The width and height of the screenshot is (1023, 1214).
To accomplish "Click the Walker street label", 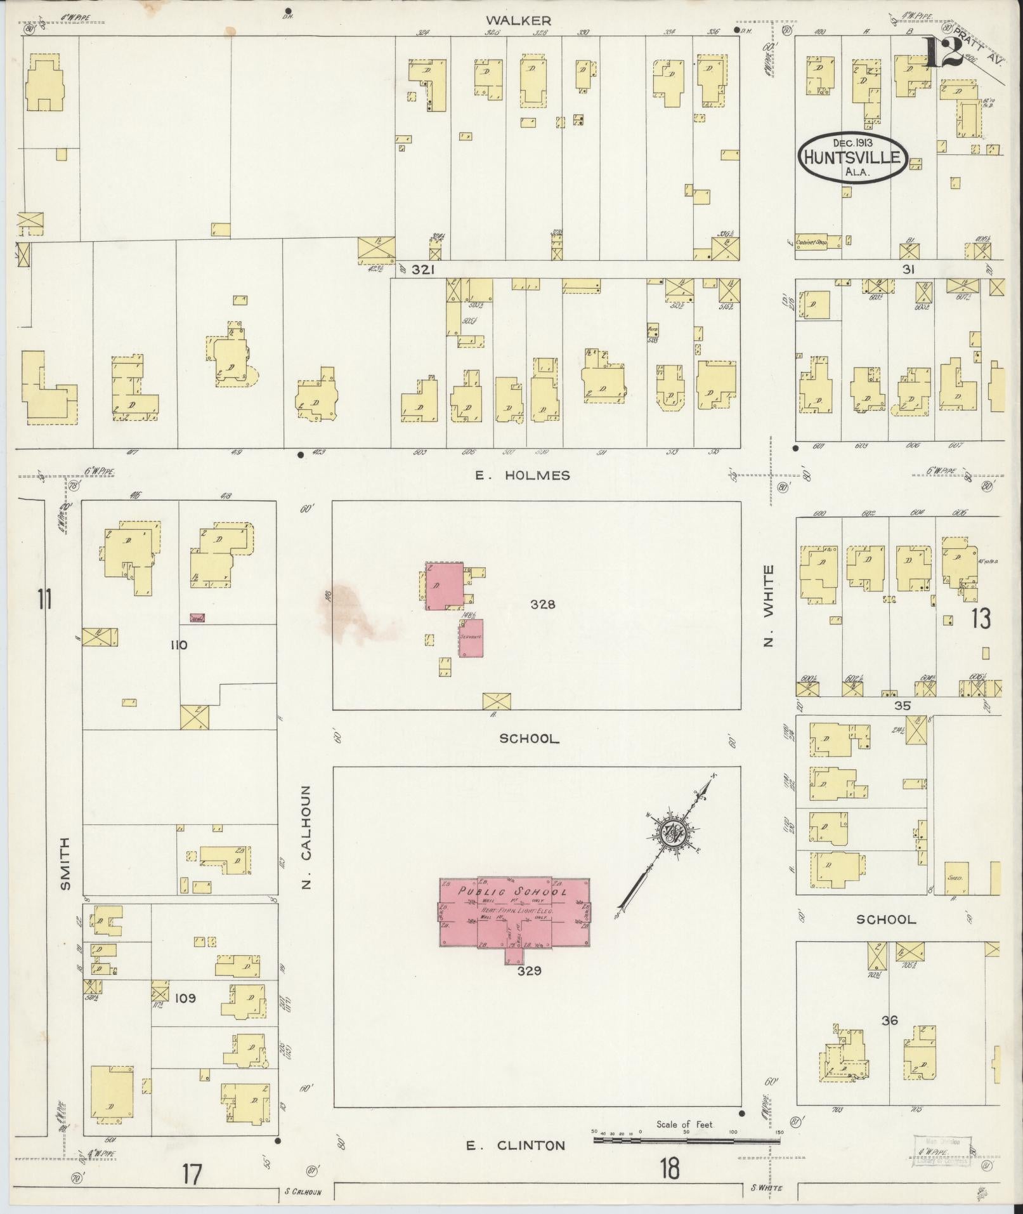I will (527, 20).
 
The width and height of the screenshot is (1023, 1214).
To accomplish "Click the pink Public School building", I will (515, 912).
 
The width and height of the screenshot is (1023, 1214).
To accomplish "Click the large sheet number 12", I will (943, 52).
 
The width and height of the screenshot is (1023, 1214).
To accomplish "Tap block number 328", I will (543, 605).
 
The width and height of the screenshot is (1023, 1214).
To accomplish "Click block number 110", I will (178, 645).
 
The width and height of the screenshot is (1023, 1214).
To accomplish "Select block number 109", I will (185, 998).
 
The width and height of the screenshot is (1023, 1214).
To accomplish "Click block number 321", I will (422, 270).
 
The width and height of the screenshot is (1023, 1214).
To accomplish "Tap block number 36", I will (889, 1020).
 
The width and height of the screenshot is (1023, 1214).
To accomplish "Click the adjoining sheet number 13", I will (980, 619).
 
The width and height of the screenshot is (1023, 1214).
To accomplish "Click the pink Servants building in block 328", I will (471, 637).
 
